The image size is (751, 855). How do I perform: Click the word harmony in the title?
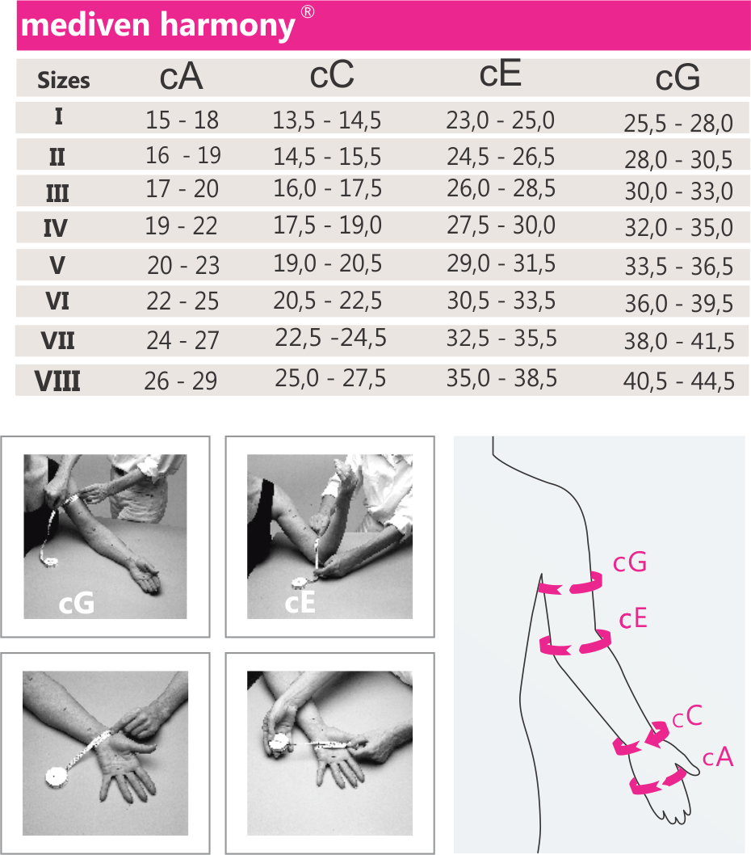click(228, 26)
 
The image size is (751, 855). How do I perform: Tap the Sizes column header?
click(63, 80)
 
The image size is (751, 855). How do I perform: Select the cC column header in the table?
click(331, 74)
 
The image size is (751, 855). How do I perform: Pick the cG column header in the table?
click(678, 78)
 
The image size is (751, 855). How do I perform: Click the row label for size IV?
click(56, 228)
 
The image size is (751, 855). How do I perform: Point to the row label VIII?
click(57, 381)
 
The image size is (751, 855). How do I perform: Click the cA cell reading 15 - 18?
click(182, 120)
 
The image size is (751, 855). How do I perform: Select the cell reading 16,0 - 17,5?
click(328, 188)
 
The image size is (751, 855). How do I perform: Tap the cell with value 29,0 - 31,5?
click(501, 264)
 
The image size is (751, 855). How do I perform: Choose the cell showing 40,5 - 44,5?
click(678, 381)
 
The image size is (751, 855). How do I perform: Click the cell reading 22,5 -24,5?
click(330, 338)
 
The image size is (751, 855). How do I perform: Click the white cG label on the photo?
click(76, 603)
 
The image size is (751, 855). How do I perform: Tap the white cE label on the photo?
click(300, 603)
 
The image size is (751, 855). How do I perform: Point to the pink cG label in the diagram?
click(629, 562)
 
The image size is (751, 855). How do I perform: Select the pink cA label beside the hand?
click(718, 757)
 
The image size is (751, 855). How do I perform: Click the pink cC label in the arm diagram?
click(687, 717)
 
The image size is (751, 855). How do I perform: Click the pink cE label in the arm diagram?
click(633, 619)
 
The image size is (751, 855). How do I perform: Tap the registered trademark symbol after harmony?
click(308, 11)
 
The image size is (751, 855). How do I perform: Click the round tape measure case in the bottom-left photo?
click(57, 777)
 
